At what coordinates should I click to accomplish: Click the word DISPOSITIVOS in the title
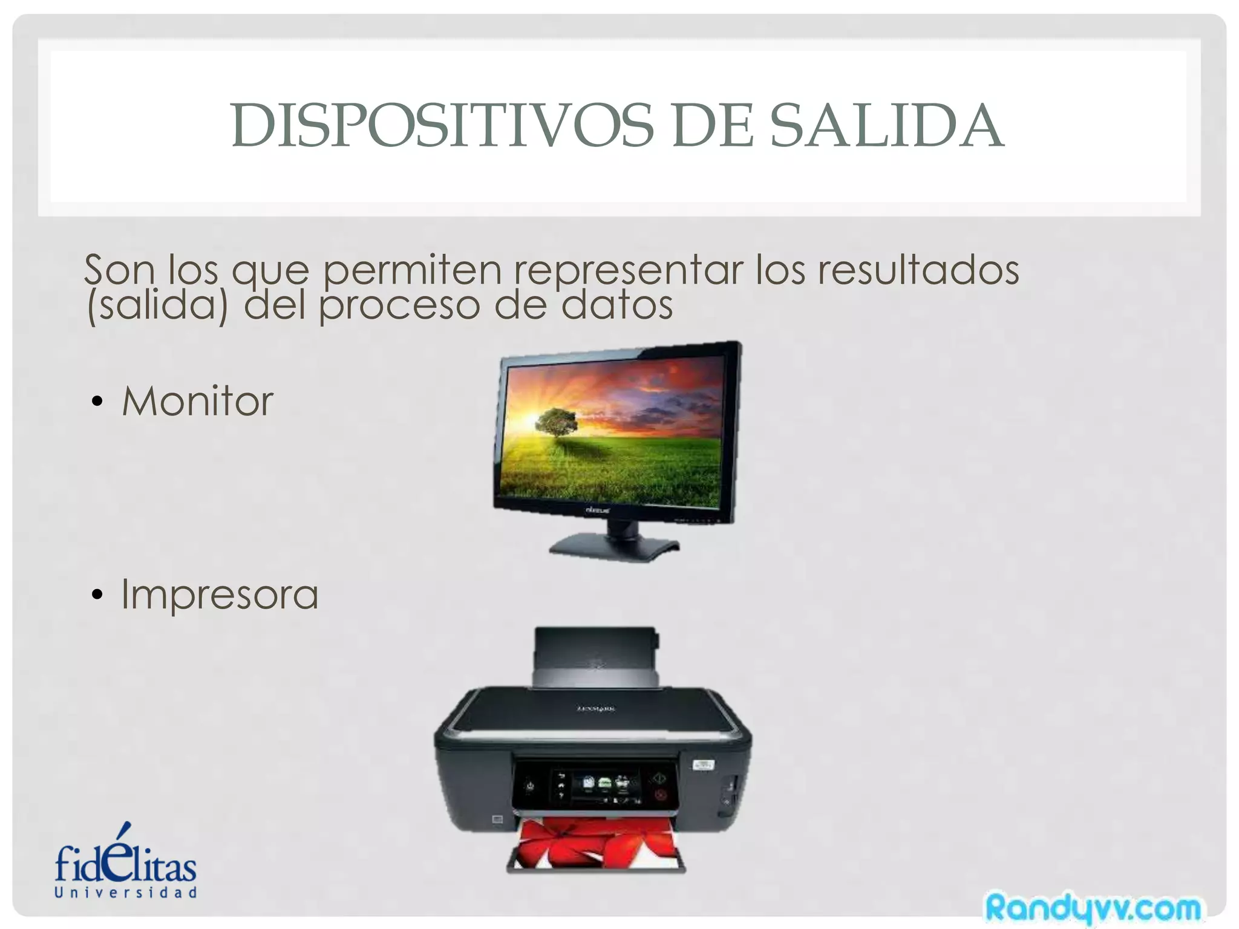pyautogui.click(x=442, y=125)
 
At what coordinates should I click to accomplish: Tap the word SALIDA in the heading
pyautogui.click(x=886, y=125)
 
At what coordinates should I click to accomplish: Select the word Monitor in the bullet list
pyautogui.click(x=198, y=401)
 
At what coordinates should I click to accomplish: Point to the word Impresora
pyautogui.click(x=220, y=594)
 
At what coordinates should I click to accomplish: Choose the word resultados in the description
pyautogui.click(x=918, y=270)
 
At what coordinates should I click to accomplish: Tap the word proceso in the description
pyautogui.click(x=400, y=304)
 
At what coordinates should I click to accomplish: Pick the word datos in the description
pyautogui.click(x=617, y=304)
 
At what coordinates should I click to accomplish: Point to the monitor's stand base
pyautogui.click(x=614, y=548)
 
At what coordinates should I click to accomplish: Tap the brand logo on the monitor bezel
pyautogui.click(x=598, y=511)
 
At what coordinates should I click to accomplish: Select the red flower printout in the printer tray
pyautogui.click(x=596, y=844)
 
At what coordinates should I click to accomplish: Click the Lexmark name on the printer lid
pyautogui.click(x=596, y=708)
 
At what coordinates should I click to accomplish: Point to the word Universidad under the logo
pyautogui.click(x=126, y=893)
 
